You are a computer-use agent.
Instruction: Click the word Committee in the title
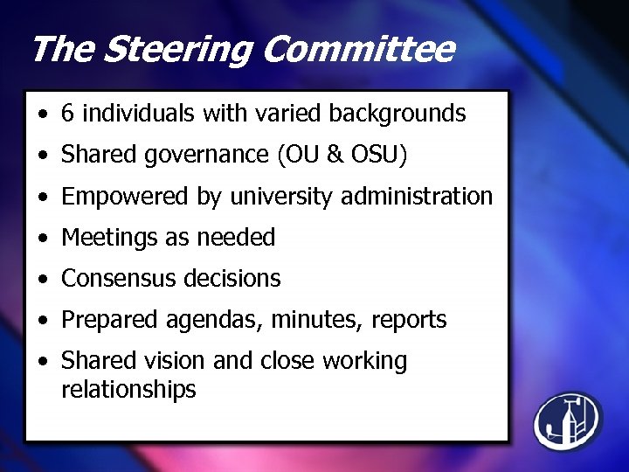(x=357, y=50)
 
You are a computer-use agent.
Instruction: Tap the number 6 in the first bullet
(x=67, y=113)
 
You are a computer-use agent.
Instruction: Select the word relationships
(x=128, y=389)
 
